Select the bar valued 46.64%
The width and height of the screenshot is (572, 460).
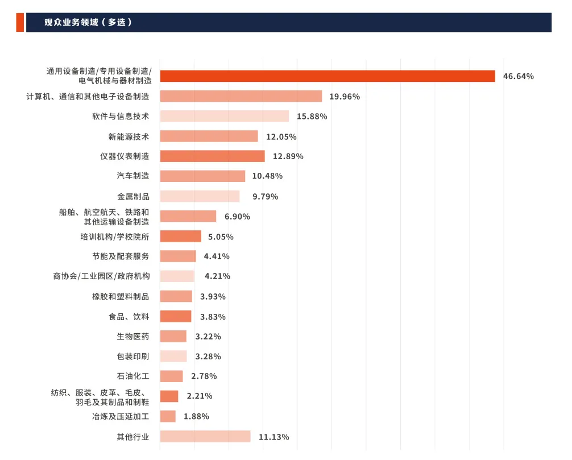tap(328, 76)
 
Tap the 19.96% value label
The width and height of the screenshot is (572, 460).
tap(345, 97)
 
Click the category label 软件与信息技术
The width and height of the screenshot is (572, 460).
tap(121, 116)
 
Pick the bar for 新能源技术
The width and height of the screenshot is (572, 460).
tap(209, 136)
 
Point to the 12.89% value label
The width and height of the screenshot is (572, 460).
tap(288, 156)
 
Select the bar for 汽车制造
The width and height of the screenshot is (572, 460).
tap(202, 176)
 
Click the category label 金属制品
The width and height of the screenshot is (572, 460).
tap(134, 196)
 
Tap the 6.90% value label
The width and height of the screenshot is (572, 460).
tap(238, 217)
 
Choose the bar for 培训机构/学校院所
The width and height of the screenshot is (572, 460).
tap(181, 237)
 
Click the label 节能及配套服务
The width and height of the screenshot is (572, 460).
tap(121, 256)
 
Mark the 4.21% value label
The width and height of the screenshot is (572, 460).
tap(217, 276)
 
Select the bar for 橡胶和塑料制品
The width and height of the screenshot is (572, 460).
tap(176, 296)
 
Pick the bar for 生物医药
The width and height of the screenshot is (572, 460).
tap(173, 337)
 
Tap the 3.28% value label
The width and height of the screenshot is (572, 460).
tap(208, 357)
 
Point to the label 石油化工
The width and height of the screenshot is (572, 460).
tap(133, 376)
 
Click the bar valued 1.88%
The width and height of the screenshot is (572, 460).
tap(168, 416)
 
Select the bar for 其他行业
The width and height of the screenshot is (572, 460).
tap(205, 436)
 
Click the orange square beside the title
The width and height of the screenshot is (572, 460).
tap(20, 23)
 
